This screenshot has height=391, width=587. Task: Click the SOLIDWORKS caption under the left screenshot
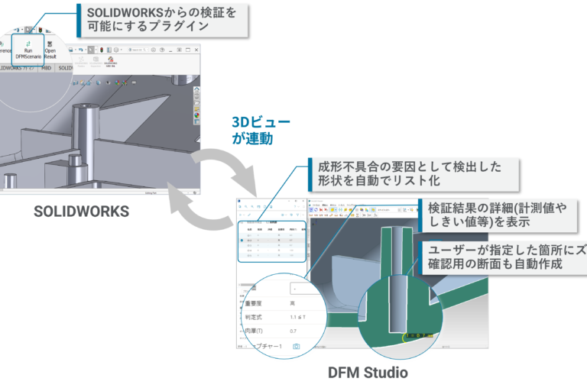point(81,211)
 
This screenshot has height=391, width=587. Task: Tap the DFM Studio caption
point(367,373)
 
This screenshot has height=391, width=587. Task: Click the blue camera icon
point(297,347)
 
